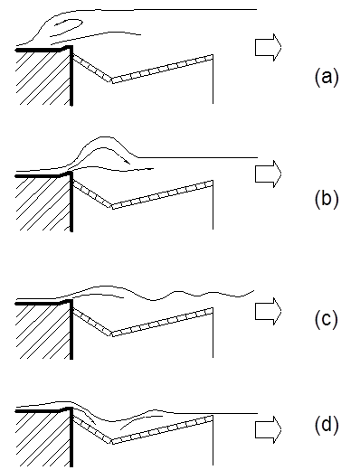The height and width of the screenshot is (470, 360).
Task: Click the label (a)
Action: coord(327,78)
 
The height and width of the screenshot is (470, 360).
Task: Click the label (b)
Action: coord(327,199)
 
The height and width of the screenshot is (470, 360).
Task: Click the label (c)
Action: coord(327,319)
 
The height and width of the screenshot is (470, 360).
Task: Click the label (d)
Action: coord(327,425)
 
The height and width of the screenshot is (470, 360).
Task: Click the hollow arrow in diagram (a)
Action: coord(269,47)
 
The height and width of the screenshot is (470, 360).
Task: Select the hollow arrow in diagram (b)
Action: coord(269,174)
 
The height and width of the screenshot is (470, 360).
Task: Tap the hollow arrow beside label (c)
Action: coord(269,311)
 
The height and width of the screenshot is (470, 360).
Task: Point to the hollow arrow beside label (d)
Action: coord(269,429)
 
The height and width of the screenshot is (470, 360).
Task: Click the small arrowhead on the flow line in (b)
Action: coord(128,162)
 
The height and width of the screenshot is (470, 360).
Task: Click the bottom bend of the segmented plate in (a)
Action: coord(112,80)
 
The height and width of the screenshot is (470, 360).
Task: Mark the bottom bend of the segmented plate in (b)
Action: coord(112,206)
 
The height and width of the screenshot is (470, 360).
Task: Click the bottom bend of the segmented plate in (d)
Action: coord(111,441)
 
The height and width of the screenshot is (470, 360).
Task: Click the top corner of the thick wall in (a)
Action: coord(71,46)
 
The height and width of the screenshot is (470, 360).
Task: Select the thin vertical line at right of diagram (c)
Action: coord(213,333)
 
